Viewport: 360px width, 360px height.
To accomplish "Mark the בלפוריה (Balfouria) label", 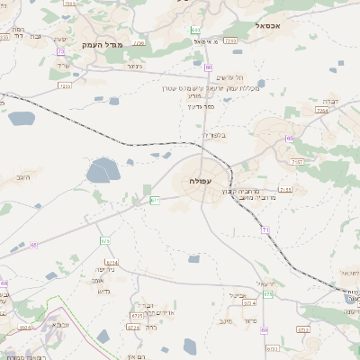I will (x=213, y=134).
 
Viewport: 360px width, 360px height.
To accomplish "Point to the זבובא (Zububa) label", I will (x=59, y=324).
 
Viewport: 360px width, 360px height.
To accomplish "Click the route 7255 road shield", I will (x=230, y=40).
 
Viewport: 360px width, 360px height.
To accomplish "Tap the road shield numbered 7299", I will (x=64, y=85).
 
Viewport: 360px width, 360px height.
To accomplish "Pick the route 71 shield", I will (x=265, y=230).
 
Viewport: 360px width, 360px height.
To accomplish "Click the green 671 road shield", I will (x=155, y=200).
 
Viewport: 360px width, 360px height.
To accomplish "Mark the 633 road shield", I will (x=195, y=30).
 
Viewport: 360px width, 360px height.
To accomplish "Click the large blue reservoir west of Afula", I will (x=103, y=171).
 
